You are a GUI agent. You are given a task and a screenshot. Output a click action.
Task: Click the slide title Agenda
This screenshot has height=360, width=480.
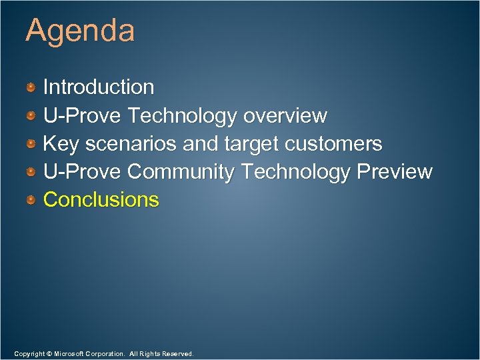pos(80,31)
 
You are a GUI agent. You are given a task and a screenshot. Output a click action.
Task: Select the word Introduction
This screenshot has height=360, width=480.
pos(99,87)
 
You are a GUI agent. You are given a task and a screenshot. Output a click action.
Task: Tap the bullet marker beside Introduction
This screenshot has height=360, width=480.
pos(31,87)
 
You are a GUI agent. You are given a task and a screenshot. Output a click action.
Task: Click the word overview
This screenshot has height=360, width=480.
pos(285,116)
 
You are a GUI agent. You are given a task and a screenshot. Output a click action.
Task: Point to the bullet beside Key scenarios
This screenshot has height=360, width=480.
pos(31,144)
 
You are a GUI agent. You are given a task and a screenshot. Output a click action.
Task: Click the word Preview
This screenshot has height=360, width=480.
pos(395,172)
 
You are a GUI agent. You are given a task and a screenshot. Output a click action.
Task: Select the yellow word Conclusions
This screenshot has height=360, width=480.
pos(101,200)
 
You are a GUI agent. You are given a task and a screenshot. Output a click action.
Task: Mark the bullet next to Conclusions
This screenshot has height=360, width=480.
pos(31,200)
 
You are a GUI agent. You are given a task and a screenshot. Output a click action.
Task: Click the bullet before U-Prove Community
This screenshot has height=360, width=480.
pos(31,172)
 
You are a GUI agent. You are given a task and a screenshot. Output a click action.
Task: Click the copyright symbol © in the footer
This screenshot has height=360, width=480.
pos(48,353)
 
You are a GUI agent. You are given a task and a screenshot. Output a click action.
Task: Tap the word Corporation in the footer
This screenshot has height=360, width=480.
pos(107,353)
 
